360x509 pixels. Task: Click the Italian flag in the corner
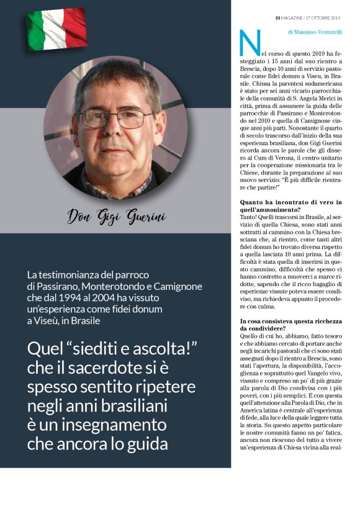pyautogui.click(x=56, y=29)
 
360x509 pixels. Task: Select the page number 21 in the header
pyautogui.click(x=278, y=17)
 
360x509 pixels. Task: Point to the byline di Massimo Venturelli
pyautogui.click(x=315, y=30)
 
